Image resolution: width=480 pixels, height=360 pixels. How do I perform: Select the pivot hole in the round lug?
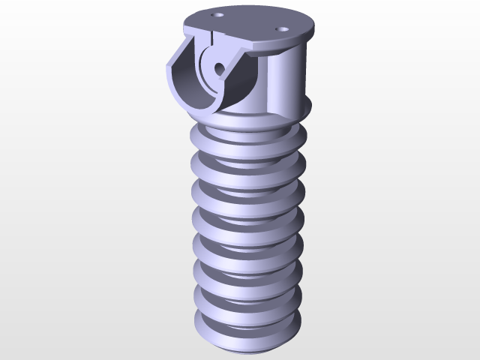tap(218, 67)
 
